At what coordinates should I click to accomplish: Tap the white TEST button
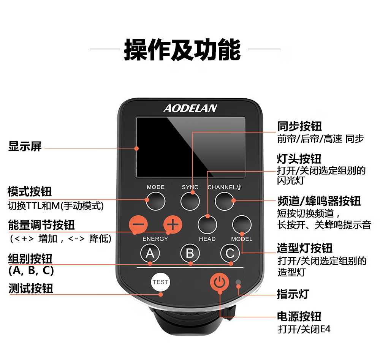pyautogui.click(x=160, y=282)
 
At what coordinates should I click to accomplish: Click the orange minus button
pyautogui.click(x=138, y=224)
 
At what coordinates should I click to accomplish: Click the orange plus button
pyautogui.click(x=173, y=224)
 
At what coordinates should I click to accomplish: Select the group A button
pyautogui.click(x=150, y=253)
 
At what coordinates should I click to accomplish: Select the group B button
pyautogui.click(x=190, y=253)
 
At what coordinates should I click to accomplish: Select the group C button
pyautogui.click(x=230, y=253)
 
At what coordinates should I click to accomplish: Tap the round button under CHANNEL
pyautogui.click(x=225, y=201)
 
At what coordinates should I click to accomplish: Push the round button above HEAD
pyautogui.click(x=207, y=224)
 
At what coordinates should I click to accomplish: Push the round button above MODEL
pyautogui.click(x=242, y=224)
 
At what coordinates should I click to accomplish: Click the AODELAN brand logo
pyautogui.click(x=190, y=109)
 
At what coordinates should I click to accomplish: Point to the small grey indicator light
pyautogui.click(x=238, y=282)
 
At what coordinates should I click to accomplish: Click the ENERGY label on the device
pyautogui.click(x=155, y=239)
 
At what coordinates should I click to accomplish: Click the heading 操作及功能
pyautogui.click(x=182, y=49)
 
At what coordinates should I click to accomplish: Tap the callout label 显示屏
pyautogui.click(x=25, y=147)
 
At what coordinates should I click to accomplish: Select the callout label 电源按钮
pyautogui.click(x=299, y=316)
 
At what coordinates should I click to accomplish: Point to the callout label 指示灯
pyautogui.click(x=293, y=294)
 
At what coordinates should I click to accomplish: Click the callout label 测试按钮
pyautogui.click(x=31, y=289)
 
